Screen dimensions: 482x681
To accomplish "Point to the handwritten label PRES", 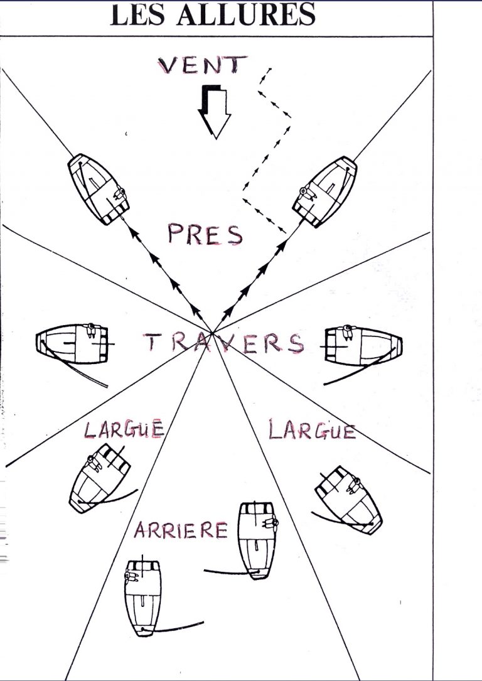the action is (205, 234).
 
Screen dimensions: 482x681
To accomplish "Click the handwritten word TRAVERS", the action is (224, 343).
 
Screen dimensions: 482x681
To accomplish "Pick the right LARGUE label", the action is (312, 430).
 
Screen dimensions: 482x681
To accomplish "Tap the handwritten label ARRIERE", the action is (181, 530).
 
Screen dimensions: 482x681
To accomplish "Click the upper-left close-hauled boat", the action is (99, 190).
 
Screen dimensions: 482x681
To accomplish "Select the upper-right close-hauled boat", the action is (325, 191).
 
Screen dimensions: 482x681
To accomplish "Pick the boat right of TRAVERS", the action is (363, 346).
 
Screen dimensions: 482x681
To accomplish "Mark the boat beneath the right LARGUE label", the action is (348, 500).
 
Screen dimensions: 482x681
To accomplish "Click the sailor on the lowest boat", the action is (131, 577).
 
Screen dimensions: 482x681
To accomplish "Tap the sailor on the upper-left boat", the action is (120, 194).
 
